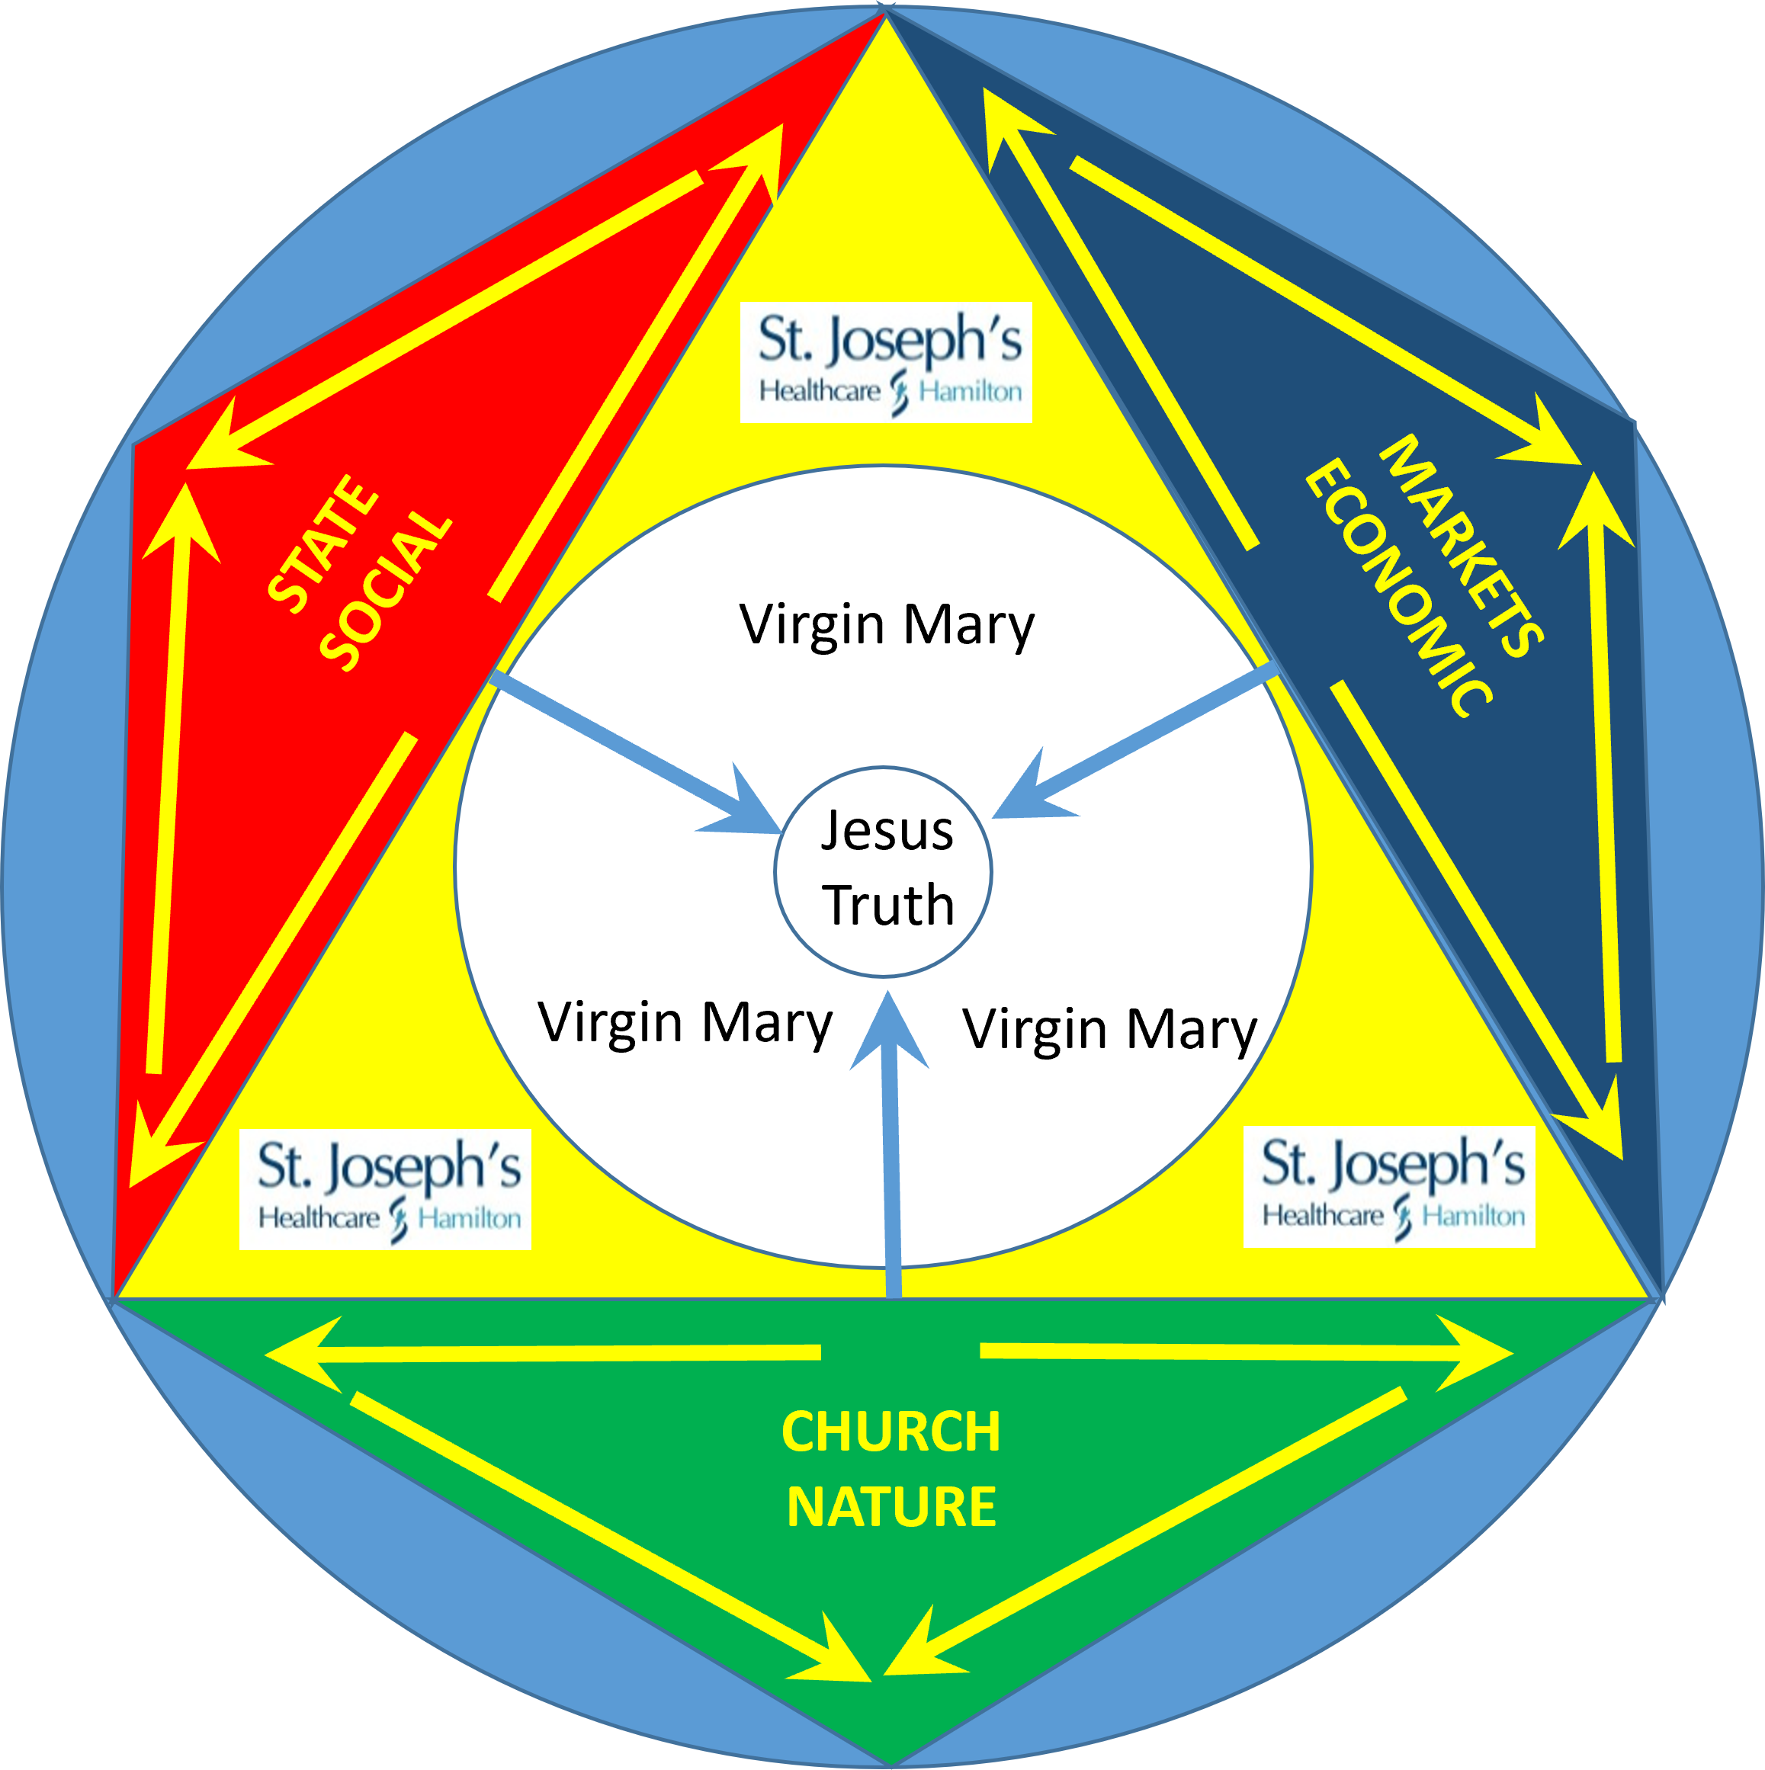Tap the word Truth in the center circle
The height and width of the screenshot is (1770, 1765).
click(888, 905)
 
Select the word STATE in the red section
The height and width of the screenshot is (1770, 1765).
click(323, 544)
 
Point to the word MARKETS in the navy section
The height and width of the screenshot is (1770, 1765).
click(1461, 546)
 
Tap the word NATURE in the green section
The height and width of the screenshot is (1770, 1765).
click(891, 1506)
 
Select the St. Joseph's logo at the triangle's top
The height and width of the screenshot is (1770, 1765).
click(886, 362)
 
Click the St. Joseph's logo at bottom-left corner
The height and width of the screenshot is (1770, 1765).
click(385, 1189)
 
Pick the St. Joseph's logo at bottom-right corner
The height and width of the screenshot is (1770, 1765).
click(1389, 1186)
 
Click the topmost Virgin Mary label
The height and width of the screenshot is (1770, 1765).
click(886, 625)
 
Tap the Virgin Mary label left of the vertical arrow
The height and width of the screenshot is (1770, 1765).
click(685, 1022)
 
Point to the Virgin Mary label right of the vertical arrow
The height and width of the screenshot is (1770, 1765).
click(1110, 1029)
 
